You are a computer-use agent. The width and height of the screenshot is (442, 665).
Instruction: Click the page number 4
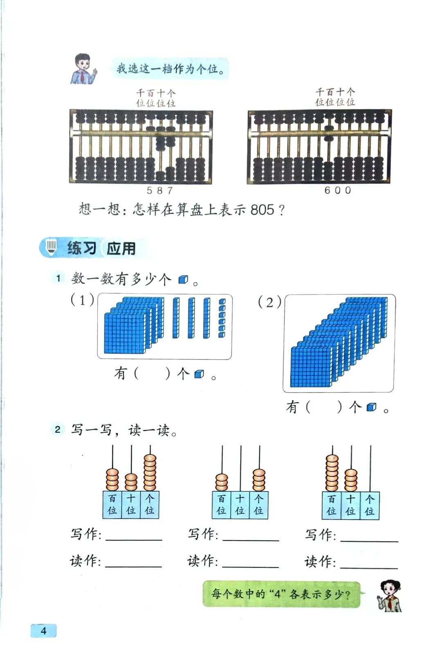(x=43, y=630)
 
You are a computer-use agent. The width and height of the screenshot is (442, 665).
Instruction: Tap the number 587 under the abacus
(x=160, y=191)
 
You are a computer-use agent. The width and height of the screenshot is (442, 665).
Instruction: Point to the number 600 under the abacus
(x=338, y=190)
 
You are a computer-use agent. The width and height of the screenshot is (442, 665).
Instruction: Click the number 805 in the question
(x=262, y=210)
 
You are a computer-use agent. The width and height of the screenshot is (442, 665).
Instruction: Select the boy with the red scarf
(x=83, y=69)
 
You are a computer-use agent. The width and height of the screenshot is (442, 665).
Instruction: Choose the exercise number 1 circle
(x=58, y=278)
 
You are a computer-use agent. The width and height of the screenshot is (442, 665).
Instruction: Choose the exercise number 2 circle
(x=58, y=429)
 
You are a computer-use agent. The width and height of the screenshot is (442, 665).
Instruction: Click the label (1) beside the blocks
(x=82, y=300)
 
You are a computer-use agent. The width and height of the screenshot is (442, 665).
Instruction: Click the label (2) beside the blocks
(x=269, y=302)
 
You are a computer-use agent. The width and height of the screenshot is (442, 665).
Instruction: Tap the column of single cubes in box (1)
(x=222, y=318)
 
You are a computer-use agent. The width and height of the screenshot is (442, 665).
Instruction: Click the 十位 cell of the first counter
(x=131, y=504)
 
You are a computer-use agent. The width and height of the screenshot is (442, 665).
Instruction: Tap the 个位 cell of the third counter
(x=370, y=505)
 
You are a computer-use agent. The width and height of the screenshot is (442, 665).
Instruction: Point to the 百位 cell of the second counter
(x=221, y=505)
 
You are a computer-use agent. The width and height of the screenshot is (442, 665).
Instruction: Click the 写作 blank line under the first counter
(x=134, y=538)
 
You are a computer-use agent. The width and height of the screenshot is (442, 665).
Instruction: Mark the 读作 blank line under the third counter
(x=369, y=567)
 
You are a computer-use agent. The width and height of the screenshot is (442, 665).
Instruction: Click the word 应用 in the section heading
(x=121, y=248)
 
